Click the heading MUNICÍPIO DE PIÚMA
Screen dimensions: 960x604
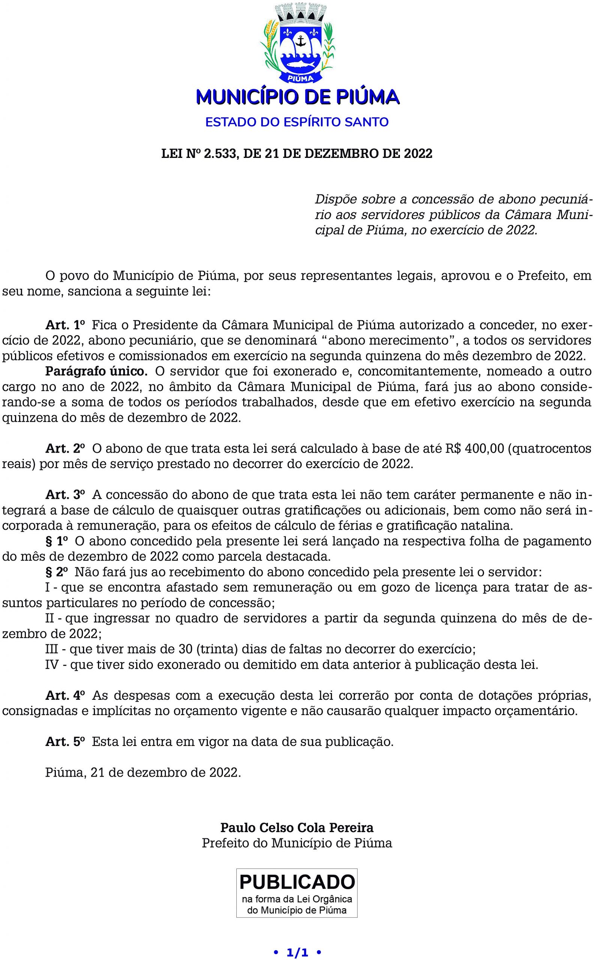pyautogui.click(x=297, y=97)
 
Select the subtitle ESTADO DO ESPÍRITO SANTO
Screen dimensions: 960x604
pyautogui.click(x=297, y=122)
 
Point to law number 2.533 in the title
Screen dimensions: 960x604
pyautogui.click(x=220, y=153)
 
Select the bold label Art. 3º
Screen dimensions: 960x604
pyautogui.click(x=65, y=495)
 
